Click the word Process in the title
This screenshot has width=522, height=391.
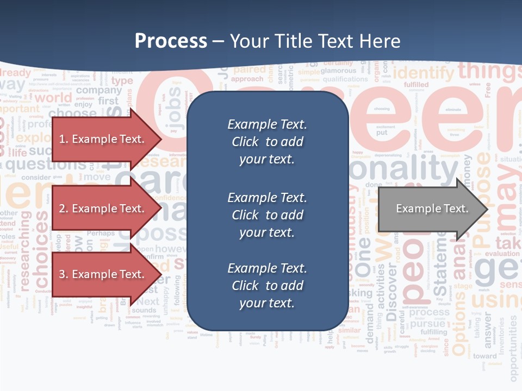pyautogui.click(x=171, y=41)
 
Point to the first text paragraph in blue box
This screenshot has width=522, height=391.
pyautogui.click(x=267, y=142)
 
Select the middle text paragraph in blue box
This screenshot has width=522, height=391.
pyautogui.click(x=267, y=215)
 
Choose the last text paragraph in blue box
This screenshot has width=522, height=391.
pyautogui.click(x=267, y=286)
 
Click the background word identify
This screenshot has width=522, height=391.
pyautogui.click(x=422, y=72)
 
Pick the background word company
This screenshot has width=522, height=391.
pyautogui.click(x=102, y=91)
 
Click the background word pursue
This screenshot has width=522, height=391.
pyautogui.click(x=428, y=324)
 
